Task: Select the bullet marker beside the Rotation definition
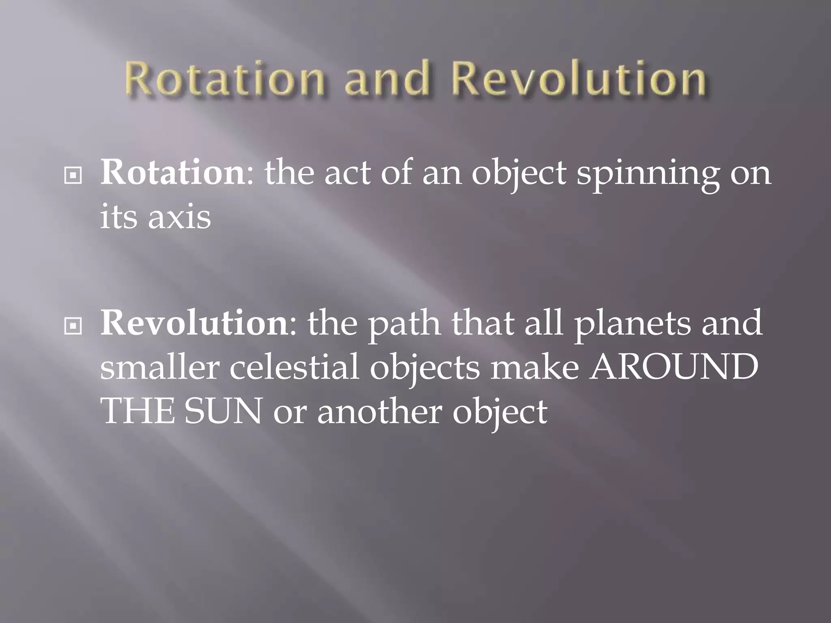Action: pyautogui.click(x=73, y=176)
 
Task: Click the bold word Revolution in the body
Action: pyautogui.click(x=194, y=323)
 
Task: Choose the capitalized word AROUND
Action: pyautogui.click(x=674, y=367)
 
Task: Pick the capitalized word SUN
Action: pyautogui.click(x=223, y=411)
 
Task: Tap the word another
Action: pyautogui.click(x=379, y=411)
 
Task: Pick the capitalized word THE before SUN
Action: pyautogui.click(x=138, y=411)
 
